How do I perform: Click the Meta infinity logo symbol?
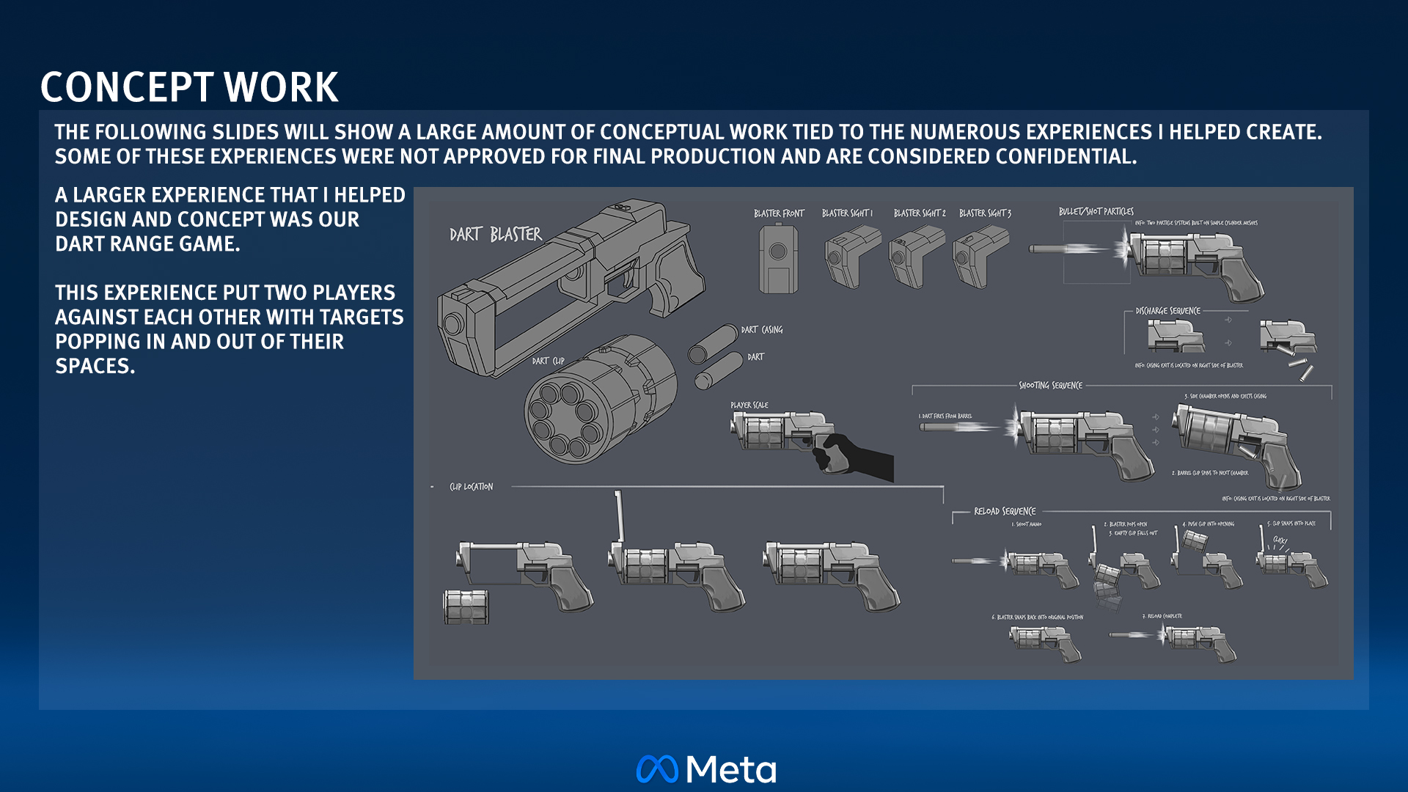coord(657,769)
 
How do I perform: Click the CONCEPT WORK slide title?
coord(189,87)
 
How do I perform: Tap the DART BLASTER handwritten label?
coord(496,235)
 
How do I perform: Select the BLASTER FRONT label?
coord(779,213)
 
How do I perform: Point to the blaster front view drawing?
coord(778,259)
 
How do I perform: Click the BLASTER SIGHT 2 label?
coord(920,213)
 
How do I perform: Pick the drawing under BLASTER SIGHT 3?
coord(980,256)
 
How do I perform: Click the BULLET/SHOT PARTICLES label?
coord(1096,211)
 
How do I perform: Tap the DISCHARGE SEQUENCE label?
coord(1167,311)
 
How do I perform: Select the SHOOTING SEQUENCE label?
coord(1050,386)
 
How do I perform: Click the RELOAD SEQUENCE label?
coord(1005,511)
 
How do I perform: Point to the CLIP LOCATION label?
coord(471,487)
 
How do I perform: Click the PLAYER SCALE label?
coord(749,405)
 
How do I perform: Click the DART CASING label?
coord(762,330)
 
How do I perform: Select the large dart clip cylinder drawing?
coord(599,400)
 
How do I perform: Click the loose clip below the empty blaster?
coord(466,607)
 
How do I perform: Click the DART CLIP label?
coord(548,361)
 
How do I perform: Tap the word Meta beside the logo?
coord(731,769)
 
